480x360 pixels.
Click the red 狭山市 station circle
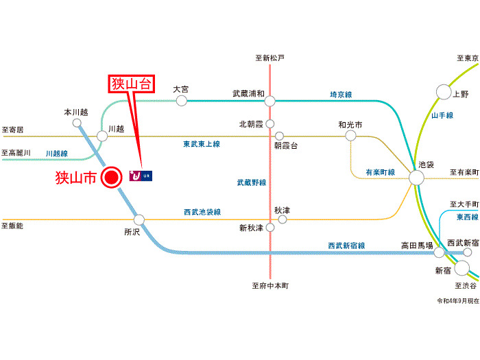click(110, 178)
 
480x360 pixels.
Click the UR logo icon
click(140, 177)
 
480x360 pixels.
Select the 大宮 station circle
click(181, 101)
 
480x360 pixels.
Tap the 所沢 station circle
click(139, 220)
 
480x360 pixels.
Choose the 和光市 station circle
click(350, 136)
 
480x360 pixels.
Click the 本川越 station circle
click(77, 123)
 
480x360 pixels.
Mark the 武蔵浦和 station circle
click(270, 101)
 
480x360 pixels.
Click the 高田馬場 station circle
click(440, 252)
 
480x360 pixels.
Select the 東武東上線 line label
click(201, 144)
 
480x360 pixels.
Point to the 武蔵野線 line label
click(252, 182)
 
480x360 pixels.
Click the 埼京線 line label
click(341, 95)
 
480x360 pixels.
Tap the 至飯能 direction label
click(12, 226)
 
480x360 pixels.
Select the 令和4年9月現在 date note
click(457, 300)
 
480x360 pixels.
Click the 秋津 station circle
click(282, 219)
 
